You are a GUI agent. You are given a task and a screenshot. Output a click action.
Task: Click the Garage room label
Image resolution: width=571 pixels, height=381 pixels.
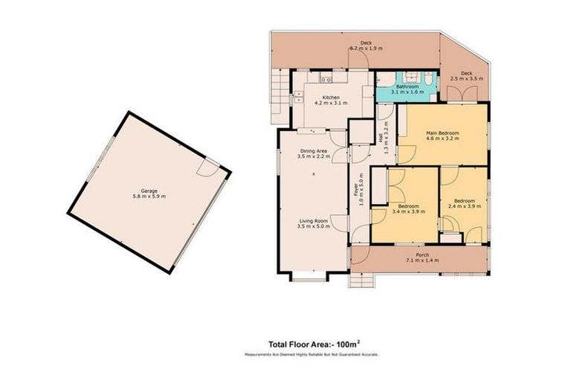[x=148, y=190]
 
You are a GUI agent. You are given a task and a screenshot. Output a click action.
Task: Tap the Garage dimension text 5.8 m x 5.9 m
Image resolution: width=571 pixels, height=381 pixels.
[x=148, y=196]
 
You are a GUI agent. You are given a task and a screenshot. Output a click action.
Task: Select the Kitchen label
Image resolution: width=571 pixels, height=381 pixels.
[x=331, y=97]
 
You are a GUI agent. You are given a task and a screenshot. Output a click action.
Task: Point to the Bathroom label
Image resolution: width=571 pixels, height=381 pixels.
[x=407, y=86]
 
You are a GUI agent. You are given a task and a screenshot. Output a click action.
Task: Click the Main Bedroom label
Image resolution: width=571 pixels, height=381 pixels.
[x=442, y=133]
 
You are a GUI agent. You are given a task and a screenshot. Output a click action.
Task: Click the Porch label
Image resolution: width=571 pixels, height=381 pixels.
[x=422, y=255]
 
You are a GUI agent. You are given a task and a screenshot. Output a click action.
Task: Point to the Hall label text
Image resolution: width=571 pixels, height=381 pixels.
[x=381, y=138]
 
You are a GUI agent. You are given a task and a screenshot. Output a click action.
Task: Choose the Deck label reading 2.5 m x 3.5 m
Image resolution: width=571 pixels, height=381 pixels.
[x=467, y=77]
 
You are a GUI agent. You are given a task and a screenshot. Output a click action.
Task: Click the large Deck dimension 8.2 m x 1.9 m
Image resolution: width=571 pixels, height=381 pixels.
[x=366, y=48]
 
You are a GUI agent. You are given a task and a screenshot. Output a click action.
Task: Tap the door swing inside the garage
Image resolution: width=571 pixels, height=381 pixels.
[x=211, y=167]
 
